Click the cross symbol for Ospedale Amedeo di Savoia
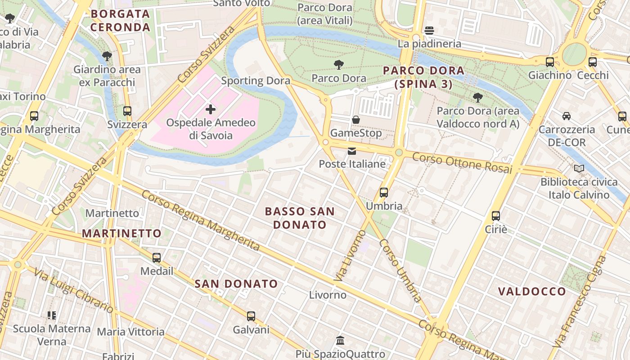(210, 109)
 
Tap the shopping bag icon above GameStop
(355, 120)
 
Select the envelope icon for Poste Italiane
(351, 151)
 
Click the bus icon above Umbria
(384, 193)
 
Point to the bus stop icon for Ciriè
(496, 216)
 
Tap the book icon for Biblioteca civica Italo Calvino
(579, 169)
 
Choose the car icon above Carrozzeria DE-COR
(567, 116)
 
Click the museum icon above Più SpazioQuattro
(340, 340)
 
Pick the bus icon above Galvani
(251, 316)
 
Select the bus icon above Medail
(157, 258)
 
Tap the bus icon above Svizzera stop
(127, 111)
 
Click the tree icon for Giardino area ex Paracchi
(107, 56)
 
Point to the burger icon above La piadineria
(429, 31)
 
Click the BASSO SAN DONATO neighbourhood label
(300, 218)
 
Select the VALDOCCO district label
(531, 291)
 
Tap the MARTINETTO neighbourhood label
(121, 233)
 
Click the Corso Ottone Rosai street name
(462, 163)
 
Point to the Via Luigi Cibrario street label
(74, 290)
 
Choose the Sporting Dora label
(256, 81)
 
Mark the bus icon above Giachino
(549, 62)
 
